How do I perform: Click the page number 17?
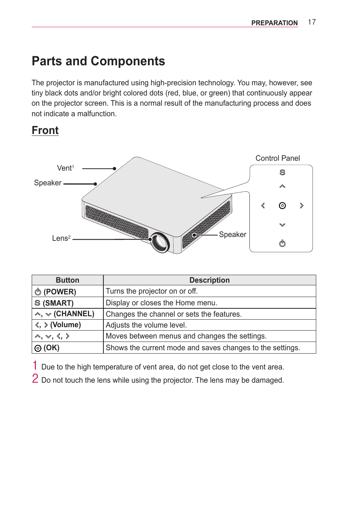312,22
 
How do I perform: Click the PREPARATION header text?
274,23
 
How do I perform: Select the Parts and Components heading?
98,61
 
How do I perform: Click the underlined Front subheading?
45,131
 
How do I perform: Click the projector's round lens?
160,242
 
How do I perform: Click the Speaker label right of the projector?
232,234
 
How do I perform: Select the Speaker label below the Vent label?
48,183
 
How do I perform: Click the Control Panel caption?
277,158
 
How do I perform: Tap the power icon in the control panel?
282,243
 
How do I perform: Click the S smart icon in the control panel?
282,172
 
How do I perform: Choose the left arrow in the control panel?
263,206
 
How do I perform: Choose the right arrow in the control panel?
302,206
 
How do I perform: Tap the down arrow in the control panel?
282,225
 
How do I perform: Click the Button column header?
68,280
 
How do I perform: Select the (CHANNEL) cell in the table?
68,314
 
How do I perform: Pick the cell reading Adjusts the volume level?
146,325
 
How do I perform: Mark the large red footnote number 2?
35,379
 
